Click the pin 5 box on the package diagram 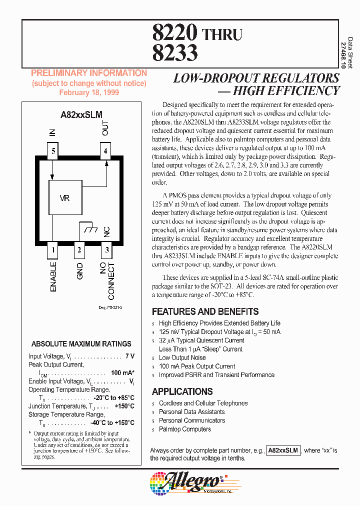(53, 150)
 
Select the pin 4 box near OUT (105, 150)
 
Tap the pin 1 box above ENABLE (53, 248)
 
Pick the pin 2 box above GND (79, 248)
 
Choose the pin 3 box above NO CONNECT (105, 248)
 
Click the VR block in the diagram (65, 198)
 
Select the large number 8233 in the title (174, 53)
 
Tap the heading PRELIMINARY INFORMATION (89, 73)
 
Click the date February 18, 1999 (89, 92)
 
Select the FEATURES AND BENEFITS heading (205, 311)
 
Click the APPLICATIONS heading (182, 391)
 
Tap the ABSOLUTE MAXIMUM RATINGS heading (81, 344)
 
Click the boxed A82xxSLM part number (283, 450)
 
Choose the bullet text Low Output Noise (182, 357)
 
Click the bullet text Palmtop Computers (185, 429)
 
